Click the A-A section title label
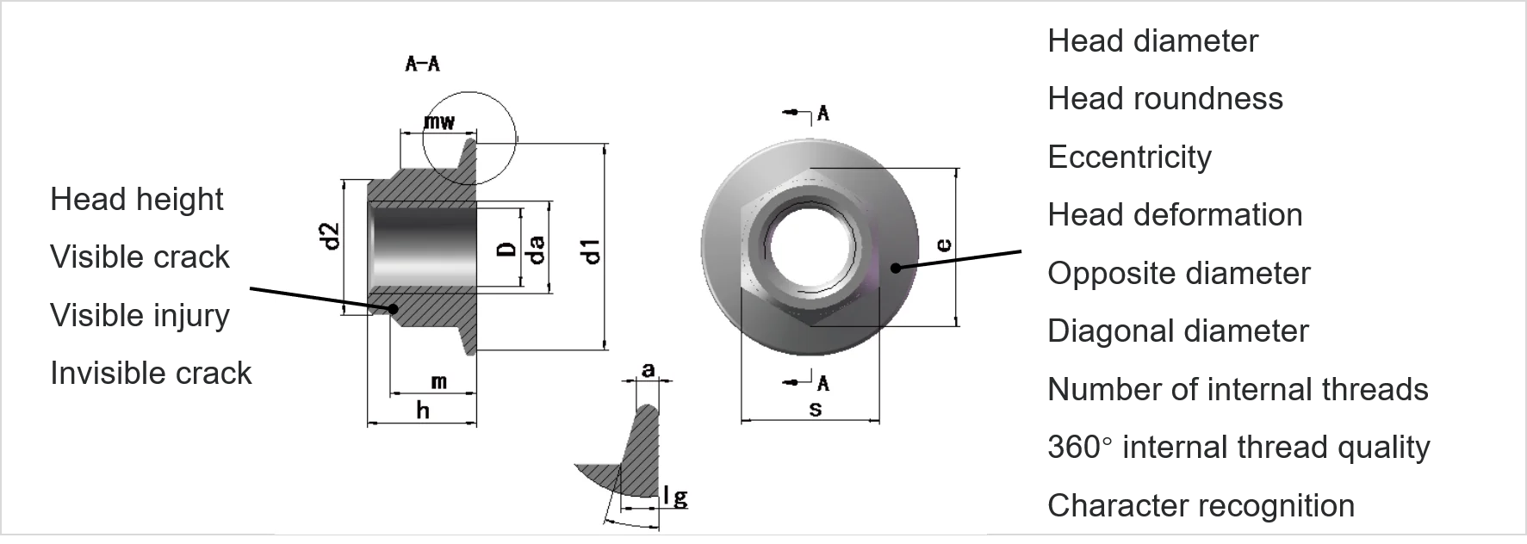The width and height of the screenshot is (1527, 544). pos(423,64)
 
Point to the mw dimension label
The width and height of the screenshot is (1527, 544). pos(439,121)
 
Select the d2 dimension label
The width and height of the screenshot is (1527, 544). pos(330,236)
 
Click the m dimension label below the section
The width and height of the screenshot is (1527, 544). pos(439,380)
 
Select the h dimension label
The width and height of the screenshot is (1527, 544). pos(423,411)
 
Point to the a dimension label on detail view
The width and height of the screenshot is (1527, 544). pos(649,370)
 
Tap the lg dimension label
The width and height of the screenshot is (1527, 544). pos(676,497)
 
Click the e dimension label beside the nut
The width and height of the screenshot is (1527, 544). pos(944,245)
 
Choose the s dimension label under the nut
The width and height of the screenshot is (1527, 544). pos(815,409)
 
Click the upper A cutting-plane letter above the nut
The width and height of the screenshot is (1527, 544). pos(822,113)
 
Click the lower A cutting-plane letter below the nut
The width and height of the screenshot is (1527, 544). pos(823,382)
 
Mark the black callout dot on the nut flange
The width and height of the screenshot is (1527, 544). pos(896,268)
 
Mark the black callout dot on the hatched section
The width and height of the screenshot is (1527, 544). pos(393,307)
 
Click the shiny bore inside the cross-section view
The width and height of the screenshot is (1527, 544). pos(422,250)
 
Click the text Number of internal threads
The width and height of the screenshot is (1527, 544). pos(1238,390)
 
